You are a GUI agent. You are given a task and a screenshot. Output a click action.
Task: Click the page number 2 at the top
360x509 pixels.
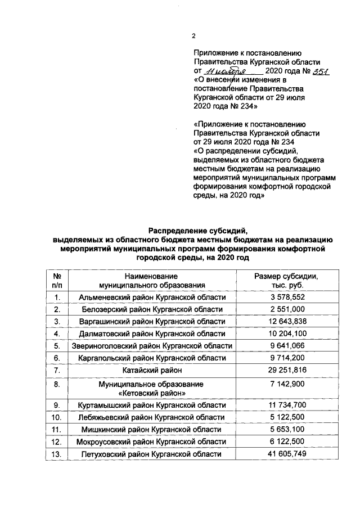point(193,37)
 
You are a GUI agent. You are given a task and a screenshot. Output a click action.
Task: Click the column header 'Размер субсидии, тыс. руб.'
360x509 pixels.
point(287,281)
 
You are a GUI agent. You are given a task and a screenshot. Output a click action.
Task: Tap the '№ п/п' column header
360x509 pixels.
point(57,281)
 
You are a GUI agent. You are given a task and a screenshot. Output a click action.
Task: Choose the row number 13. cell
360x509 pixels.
point(57,454)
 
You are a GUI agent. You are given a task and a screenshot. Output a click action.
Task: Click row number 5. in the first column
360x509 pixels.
point(57,346)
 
